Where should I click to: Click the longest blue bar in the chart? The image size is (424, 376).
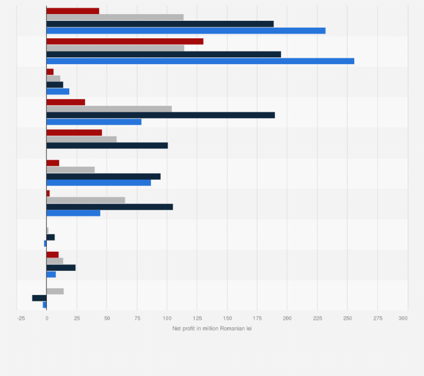[x=200, y=61]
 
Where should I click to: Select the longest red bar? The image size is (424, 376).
[x=125, y=42]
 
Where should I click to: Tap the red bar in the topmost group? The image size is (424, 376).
[x=73, y=11]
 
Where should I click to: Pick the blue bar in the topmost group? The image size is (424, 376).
[x=186, y=30]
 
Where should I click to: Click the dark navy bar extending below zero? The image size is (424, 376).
[x=39, y=298]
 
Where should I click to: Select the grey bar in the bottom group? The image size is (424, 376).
[x=55, y=291]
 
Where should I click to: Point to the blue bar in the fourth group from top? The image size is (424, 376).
[x=94, y=122]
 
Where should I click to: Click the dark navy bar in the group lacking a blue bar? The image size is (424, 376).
[x=107, y=146]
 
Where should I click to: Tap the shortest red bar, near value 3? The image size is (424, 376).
[x=48, y=193]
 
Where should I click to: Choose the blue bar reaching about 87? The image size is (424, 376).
[x=98, y=183]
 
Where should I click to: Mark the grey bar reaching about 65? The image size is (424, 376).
[x=85, y=200]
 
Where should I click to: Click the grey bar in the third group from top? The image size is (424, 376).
[x=53, y=78]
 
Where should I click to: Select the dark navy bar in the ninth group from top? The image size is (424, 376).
[x=61, y=268]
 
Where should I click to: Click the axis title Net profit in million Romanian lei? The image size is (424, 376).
[x=212, y=328]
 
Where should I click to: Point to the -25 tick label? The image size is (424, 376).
[x=21, y=318]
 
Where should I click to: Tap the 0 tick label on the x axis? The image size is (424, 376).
[x=47, y=318]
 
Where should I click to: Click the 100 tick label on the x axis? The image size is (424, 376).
[x=167, y=318]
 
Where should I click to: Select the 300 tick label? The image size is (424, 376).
[x=403, y=318]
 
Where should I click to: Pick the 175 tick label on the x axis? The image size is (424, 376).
[x=257, y=318]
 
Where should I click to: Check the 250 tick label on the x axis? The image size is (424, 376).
[x=347, y=318]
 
